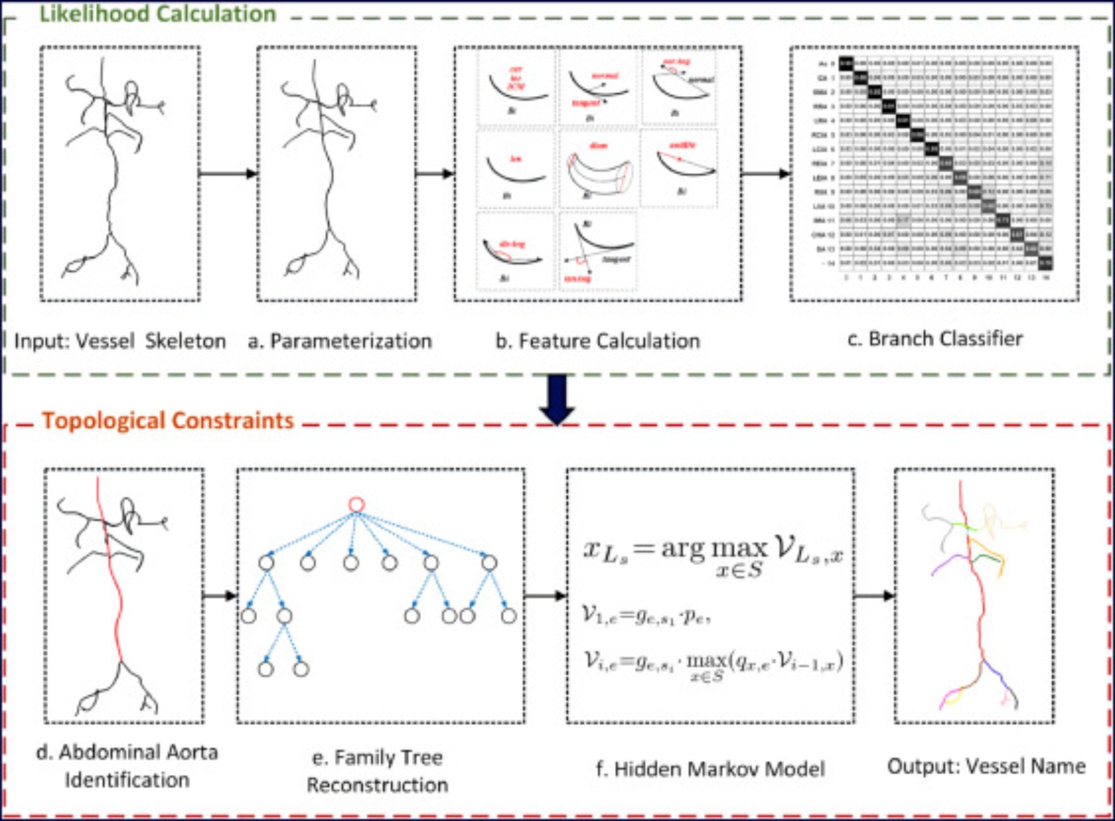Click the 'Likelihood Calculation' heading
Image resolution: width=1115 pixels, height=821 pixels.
pos(158,14)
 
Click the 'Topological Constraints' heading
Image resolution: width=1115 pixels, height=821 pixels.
pos(168,421)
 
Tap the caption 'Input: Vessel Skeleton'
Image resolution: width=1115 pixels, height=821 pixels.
pos(120,341)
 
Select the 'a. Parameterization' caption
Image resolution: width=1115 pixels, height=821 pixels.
pos(340,341)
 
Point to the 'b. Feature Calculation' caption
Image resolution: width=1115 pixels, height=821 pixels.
pos(597,341)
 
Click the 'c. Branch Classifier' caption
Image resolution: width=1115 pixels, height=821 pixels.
pos(934,339)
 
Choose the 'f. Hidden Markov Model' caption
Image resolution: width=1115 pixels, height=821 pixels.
pos(710,769)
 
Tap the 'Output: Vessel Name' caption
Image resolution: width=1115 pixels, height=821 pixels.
pos(986,766)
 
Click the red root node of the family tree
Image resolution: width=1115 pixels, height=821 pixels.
pos(357,505)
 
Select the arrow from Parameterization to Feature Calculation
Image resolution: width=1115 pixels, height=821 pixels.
pos(435,174)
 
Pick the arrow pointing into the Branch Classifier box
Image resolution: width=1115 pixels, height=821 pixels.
pos(766,174)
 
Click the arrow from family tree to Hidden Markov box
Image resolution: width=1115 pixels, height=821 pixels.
pos(545,596)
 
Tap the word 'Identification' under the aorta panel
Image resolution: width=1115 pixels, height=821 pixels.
pos(127,781)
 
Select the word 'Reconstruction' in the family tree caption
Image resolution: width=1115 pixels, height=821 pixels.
pos(378,785)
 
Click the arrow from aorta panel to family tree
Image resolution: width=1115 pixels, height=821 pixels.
pos(220,596)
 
